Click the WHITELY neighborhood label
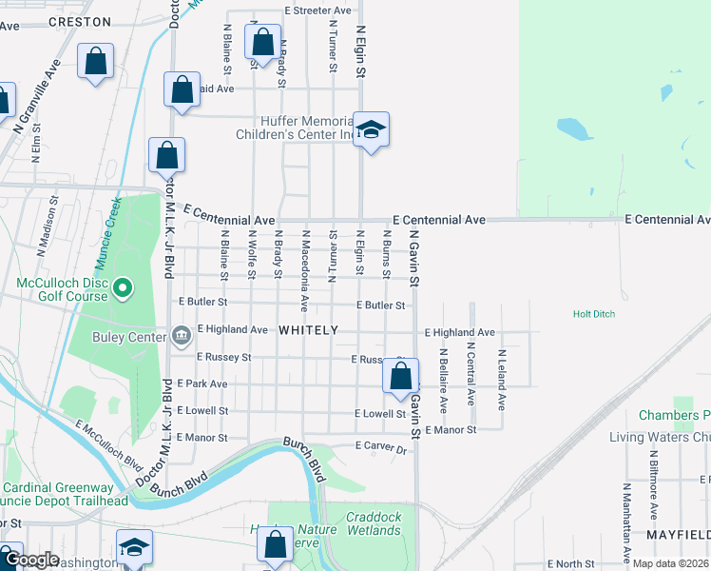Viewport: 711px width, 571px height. coord(308,330)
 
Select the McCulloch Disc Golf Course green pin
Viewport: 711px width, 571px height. coord(123,287)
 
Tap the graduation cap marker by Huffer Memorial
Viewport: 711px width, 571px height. coord(371,130)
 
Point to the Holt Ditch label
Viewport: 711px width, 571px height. coord(596,313)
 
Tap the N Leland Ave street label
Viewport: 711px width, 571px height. coord(502,379)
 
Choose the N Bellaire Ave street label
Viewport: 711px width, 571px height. coord(443,379)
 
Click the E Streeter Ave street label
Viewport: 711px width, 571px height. coord(318,10)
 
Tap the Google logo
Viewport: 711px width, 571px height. coord(30,560)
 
